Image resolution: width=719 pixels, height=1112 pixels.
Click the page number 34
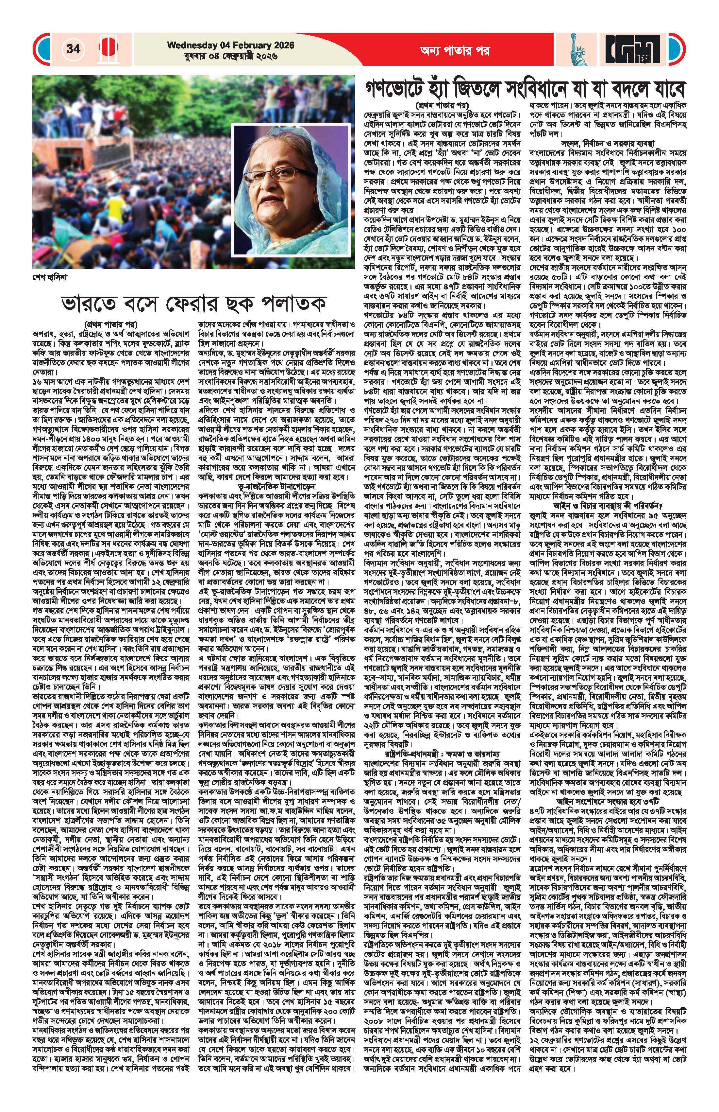point(73,49)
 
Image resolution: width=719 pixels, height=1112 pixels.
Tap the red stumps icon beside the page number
point(108,49)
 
